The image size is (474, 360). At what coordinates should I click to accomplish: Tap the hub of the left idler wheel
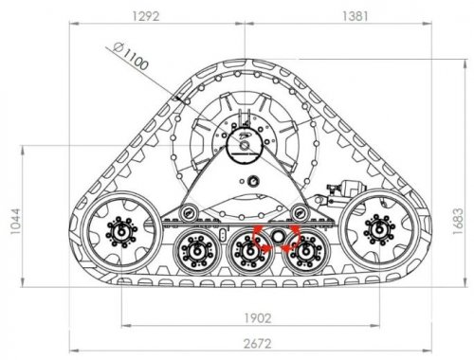[x=120, y=228]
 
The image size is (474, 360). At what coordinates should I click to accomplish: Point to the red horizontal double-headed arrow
[x=278, y=248]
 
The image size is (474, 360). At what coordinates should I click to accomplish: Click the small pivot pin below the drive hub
[x=252, y=181]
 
